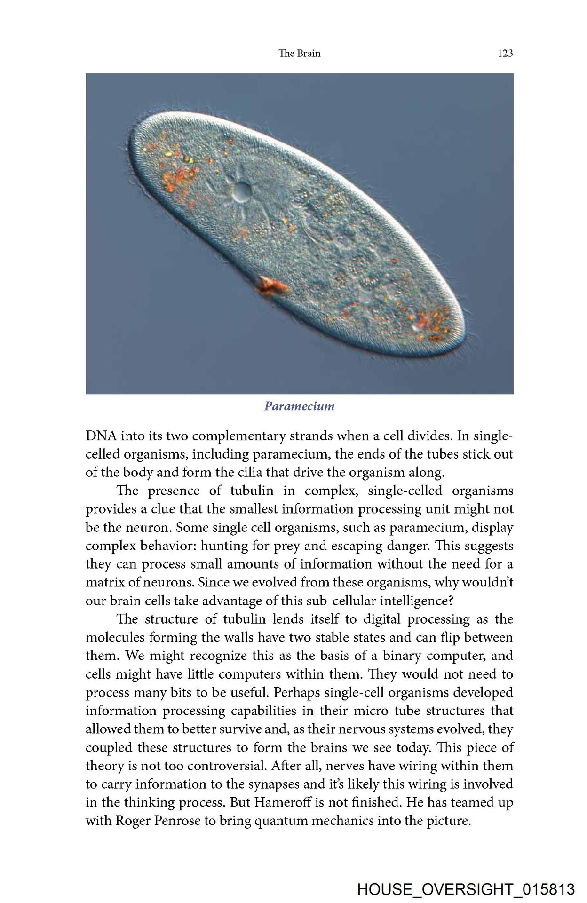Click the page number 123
pyautogui.click(x=505, y=53)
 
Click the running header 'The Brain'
pyautogui.click(x=299, y=53)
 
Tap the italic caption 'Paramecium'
pyautogui.click(x=299, y=406)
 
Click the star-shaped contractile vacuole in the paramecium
pyautogui.click(x=242, y=189)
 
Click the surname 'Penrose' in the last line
pyautogui.click(x=178, y=821)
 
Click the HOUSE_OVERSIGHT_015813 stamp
pyautogui.click(x=466, y=889)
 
